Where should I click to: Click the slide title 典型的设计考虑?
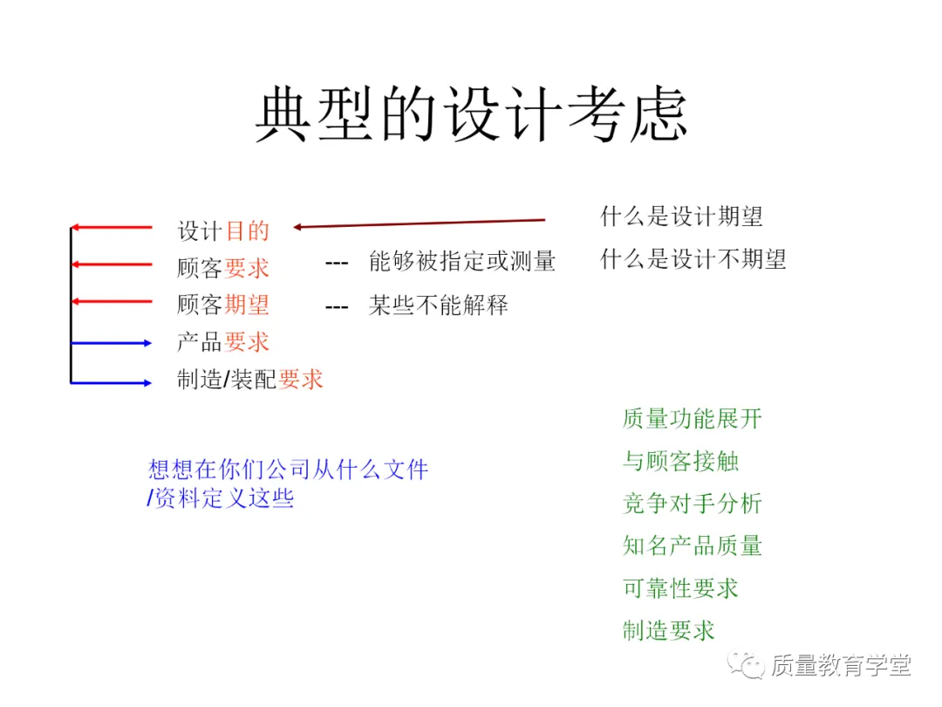pos(471,114)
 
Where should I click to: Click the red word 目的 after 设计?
pos(248,231)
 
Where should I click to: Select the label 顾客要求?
pos(223,268)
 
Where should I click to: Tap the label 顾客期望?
pos(223,305)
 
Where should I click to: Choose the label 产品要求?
pos(223,342)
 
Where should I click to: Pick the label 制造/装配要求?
pos(250,380)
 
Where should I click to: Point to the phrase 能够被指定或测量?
pos(461,261)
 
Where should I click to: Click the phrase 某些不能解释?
pos(438,305)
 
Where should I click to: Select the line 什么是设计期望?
pos(682,216)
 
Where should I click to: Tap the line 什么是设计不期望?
pos(693,259)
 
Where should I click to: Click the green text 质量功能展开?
pos(693,419)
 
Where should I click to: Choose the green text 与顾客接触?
pos(681,461)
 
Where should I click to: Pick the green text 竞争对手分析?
pos(693,504)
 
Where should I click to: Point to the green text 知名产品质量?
pos(693,546)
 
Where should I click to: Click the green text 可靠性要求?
pos(681,588)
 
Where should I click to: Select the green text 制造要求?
pos(669,630)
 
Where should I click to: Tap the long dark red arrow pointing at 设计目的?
pos(419,223)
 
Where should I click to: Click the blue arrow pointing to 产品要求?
pos(112,343)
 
